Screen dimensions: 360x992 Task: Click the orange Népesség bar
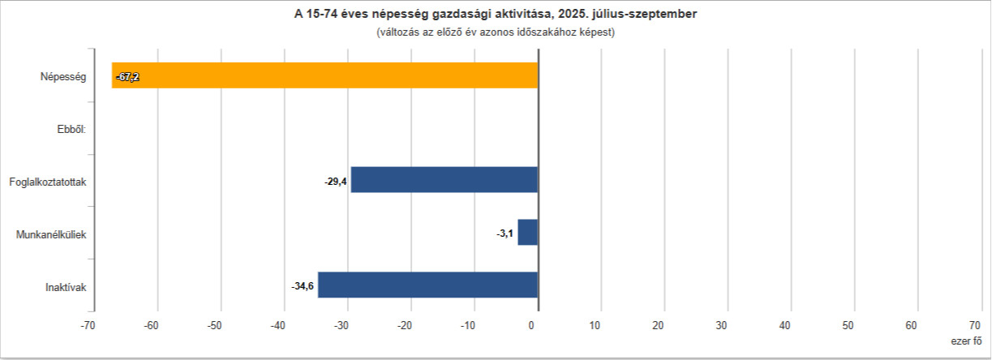[x=324, y=75]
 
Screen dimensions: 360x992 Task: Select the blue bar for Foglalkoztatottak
[x=444, y=180]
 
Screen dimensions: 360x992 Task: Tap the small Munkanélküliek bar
[x=528, y=233]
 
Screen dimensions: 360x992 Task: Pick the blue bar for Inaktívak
[x=427, y=285]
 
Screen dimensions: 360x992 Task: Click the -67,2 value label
[x=127, y=77]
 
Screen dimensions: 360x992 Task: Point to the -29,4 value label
[x=336, y=181]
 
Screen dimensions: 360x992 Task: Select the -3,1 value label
[x=505, y=234]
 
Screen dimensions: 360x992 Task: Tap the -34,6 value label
[x=303, y=286]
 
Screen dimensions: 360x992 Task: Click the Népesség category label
[x=63, y=77]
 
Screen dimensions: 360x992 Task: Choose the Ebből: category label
[x=71, y=129]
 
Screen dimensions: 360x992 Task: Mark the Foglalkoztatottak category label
[x=48, y=182]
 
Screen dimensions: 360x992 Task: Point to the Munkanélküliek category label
[x=51, y=234]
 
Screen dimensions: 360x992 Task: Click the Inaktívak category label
[x=66, y=287]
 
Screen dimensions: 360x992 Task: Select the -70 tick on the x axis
[x=88, y=325]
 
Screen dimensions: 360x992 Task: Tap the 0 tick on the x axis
[x=532, y=325]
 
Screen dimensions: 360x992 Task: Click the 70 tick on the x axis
[x=975, y=325]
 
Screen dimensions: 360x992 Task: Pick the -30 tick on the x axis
[x=341, y=325]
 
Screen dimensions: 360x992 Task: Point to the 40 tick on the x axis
[x=785, y=325]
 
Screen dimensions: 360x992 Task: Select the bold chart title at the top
[x=495, y=15]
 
